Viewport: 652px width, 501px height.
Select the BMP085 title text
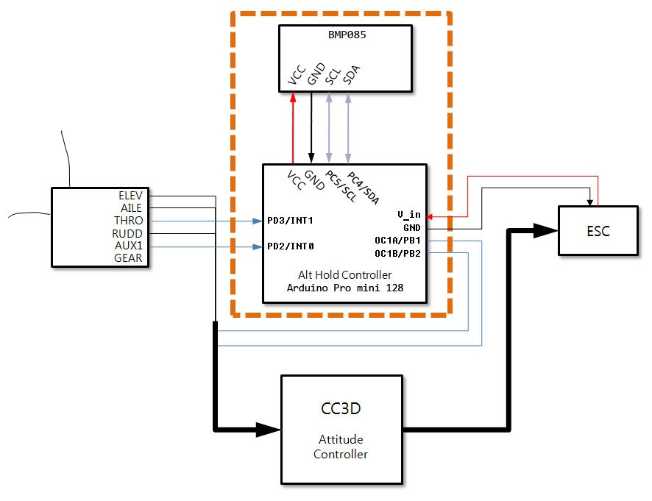coord(345,33)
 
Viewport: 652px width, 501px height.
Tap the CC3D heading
coord(341,408)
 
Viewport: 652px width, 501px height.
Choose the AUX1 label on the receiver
coord(129,246)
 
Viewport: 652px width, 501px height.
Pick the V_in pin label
coord(408,215)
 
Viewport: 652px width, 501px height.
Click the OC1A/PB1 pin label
coord(397,241)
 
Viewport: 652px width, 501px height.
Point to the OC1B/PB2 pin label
coord(397,253)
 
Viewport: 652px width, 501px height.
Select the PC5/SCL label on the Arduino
coord(340,187)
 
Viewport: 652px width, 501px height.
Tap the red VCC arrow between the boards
coord(293,129)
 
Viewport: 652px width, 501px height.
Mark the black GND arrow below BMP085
coord(311,129)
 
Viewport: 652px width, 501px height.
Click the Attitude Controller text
coord(341,447)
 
